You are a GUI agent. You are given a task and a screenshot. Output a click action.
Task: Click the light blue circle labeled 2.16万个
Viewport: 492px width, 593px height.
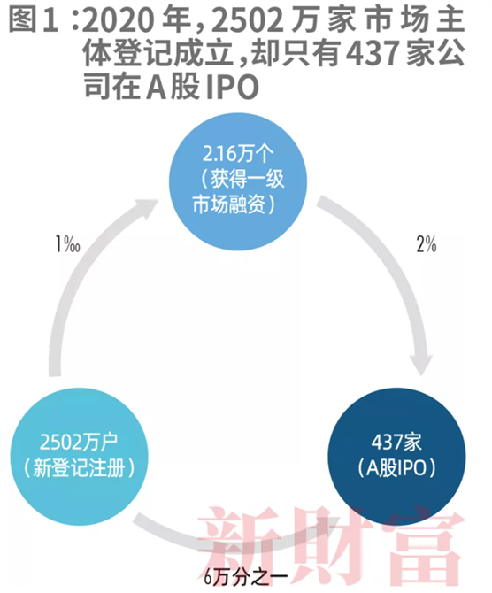(x=238, y=181)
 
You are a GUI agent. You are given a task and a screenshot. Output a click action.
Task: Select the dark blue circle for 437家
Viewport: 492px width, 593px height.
(x=396, y=457)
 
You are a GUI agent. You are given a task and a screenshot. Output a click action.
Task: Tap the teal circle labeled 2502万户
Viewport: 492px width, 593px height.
(x=79, y=457)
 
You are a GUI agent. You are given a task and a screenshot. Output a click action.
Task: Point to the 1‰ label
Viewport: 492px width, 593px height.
(x=67, y=244)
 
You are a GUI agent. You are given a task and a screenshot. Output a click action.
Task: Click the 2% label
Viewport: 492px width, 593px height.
(x=427, y=244)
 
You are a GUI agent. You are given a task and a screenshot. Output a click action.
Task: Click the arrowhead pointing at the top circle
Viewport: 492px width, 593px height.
(x=146, y=209)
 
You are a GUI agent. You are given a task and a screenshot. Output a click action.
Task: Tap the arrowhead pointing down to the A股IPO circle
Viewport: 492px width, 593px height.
(x=421, y=363)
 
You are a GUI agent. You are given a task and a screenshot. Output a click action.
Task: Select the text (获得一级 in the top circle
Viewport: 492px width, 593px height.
(x=242, y=179)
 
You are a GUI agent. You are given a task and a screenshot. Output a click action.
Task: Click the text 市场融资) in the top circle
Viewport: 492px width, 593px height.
(x=234, y=204)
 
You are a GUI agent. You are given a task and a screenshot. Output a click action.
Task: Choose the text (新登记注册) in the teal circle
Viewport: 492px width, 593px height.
(x=79, y=468)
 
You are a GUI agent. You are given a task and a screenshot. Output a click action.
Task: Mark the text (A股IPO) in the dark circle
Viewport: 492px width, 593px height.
(x=396, y=468)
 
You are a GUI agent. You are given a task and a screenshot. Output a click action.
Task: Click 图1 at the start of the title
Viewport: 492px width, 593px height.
(x=34, y=20)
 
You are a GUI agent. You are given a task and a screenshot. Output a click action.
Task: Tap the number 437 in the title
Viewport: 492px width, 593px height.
(x=373, y=54)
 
